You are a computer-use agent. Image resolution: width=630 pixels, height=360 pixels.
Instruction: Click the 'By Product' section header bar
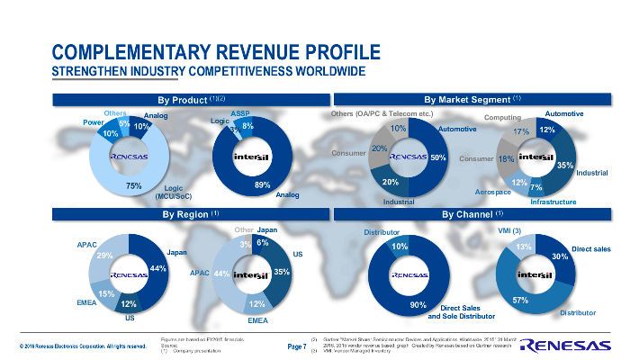pyautogui.click(x=190, y=98)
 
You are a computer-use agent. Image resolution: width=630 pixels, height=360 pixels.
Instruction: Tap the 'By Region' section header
pyautogui.click(x=190, y=215)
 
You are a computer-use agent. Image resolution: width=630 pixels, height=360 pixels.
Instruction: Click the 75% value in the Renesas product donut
pyautogui.click(x=133, y=185)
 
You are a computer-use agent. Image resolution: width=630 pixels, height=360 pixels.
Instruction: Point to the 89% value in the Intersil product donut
pyautogui.click(x=263, y=184)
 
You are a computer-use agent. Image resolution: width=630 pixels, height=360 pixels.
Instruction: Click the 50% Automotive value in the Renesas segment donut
pyautogui.click(x=438, y=157)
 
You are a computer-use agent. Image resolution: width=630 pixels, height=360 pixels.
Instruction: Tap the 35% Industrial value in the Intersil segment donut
pyautogui.click(x=565, y=166)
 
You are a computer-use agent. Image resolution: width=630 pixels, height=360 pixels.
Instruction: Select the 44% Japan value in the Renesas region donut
pyautogui.click(x=158, y=269)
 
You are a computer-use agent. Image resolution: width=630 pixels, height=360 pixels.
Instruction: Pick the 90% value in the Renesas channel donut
pyautogui.click(x=418, y=306)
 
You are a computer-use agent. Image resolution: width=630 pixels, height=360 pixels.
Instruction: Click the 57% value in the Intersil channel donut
pyautogui.click(x=519, y=300)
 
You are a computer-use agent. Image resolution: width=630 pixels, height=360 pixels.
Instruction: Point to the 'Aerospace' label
pyautogui.click(x=492, y=193)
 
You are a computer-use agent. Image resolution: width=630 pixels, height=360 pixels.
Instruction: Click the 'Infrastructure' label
pyautogui.click(x=553, y=202)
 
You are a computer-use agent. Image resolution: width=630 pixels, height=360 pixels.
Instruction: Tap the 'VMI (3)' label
pyautogui.click(x=509, y=231)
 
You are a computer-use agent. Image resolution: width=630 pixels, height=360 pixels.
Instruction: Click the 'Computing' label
pyautogui.click(x=502, y=118)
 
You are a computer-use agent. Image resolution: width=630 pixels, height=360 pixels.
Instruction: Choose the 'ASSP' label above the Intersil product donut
pyautogui.click(x=239, y=114)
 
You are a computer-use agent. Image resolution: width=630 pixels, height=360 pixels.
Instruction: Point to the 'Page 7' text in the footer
pyautogui.click(x=297, y=346)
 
